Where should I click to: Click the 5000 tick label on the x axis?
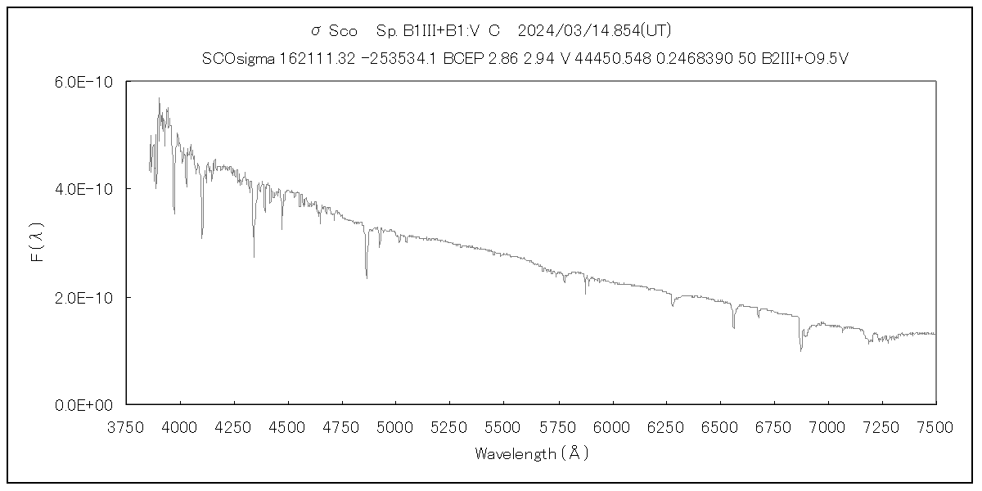[395, 426]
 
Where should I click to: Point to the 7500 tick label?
[935, 426]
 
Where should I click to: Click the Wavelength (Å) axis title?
[531, 453]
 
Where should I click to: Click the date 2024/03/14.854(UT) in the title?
[595, 31]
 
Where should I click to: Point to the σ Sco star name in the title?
[334, 31]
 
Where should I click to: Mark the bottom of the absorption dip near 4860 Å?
[367, 277]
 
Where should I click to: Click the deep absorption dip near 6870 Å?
[800, 349]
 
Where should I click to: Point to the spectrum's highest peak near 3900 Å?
[159, 99]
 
